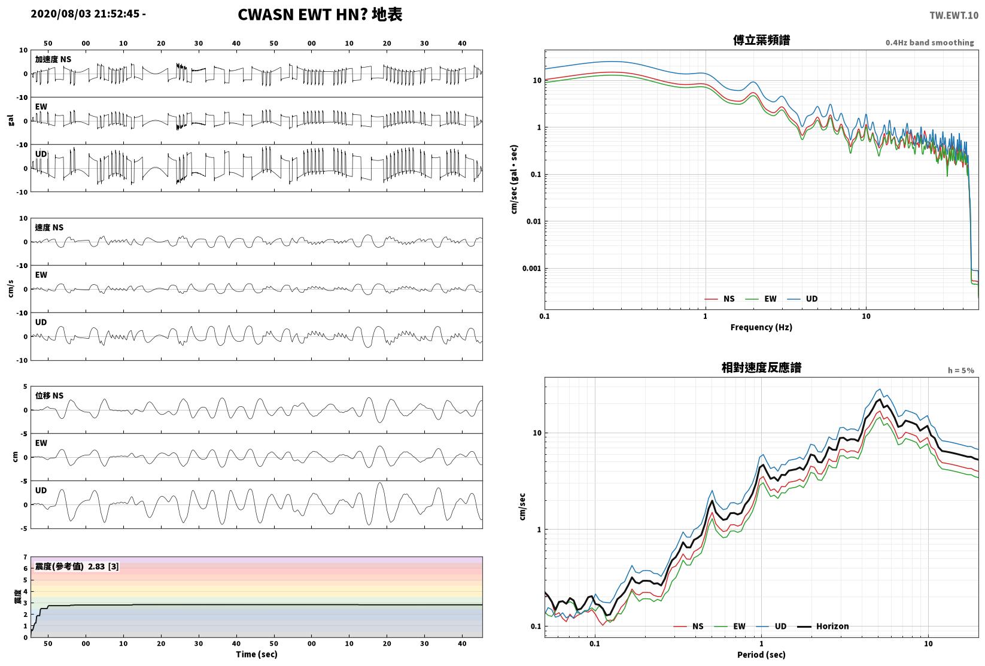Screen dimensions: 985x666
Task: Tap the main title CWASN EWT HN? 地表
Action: coord(320,14)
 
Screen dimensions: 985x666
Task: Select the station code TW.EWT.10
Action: coord(954,16)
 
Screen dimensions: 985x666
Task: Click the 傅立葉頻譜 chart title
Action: coord(761,40)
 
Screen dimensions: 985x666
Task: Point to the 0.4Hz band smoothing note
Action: coord(929,42)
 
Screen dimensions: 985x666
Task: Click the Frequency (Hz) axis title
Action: coord(761,327)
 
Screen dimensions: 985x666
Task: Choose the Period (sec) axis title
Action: coord(761,655)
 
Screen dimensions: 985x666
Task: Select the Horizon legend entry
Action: coord(823,626)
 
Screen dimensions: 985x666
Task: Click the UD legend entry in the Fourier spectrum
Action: coord(802,299)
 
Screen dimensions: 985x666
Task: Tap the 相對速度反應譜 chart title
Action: coord(761,367)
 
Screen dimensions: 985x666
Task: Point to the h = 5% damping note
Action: coord(961,370)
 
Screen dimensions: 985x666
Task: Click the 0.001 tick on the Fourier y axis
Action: coord(531,269)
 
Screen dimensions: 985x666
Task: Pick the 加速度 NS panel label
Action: coord(53,59)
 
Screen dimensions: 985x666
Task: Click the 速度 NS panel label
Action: coord(49,227)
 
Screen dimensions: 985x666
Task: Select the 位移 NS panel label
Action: coord(49,396)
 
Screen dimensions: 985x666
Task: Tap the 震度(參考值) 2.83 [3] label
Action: coord(77,566)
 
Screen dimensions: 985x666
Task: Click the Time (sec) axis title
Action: coord(257,654)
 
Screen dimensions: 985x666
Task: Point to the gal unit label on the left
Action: coord(11,120)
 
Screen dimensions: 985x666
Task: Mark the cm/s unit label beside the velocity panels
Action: coord(11,289)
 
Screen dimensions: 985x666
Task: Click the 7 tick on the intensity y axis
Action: coord(26,557)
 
